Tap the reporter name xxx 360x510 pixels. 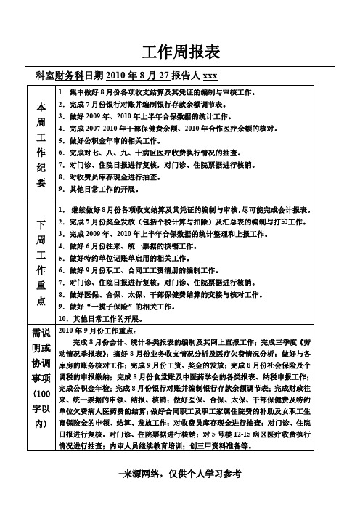(210, 76)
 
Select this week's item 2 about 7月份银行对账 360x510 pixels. (145, 104)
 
